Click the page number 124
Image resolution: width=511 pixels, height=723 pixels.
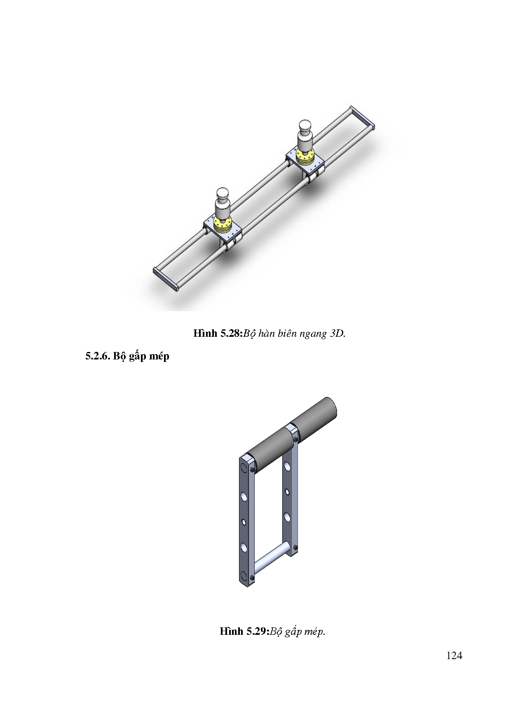click(454, 655)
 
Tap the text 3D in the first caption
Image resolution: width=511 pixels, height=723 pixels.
click(337, 333)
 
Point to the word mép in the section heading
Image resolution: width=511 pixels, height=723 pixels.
click(158, 357)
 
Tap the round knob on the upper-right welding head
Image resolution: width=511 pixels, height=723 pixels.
click(305, 127)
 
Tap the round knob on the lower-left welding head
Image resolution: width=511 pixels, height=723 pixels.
click(223, 194)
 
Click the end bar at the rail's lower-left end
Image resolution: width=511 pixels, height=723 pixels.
click(166, 280)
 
